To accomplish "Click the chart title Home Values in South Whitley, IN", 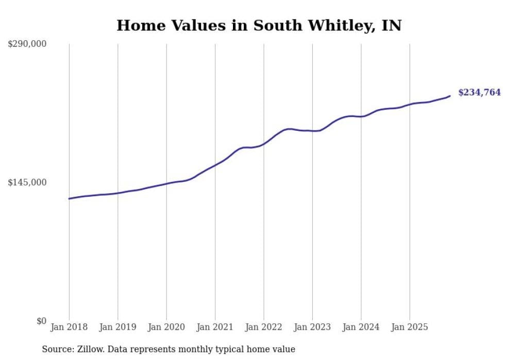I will coord(259,25).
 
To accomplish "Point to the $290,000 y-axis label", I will coord(27,44).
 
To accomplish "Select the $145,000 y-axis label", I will coord(27,182).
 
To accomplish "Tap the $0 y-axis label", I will coord(41,321).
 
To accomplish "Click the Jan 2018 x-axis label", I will coord(69,327).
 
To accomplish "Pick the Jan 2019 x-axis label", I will coord(117,327).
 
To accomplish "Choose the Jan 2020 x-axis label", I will coord(166,327).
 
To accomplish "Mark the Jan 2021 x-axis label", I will coord(215,327).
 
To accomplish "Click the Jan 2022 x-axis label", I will coord(264,327).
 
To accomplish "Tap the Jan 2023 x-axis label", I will coord(312,327).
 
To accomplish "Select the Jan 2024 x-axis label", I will coord(361,327).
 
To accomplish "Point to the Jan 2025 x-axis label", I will coord(410,327).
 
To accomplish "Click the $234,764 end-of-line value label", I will coord(479,93).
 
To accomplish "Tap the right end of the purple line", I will coord(450,96).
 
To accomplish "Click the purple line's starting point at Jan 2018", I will coord(69,198).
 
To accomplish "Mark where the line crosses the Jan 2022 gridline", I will coord(264,144).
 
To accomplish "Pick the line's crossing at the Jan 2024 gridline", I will coord(361,116).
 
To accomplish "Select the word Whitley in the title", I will coord(331,25).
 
